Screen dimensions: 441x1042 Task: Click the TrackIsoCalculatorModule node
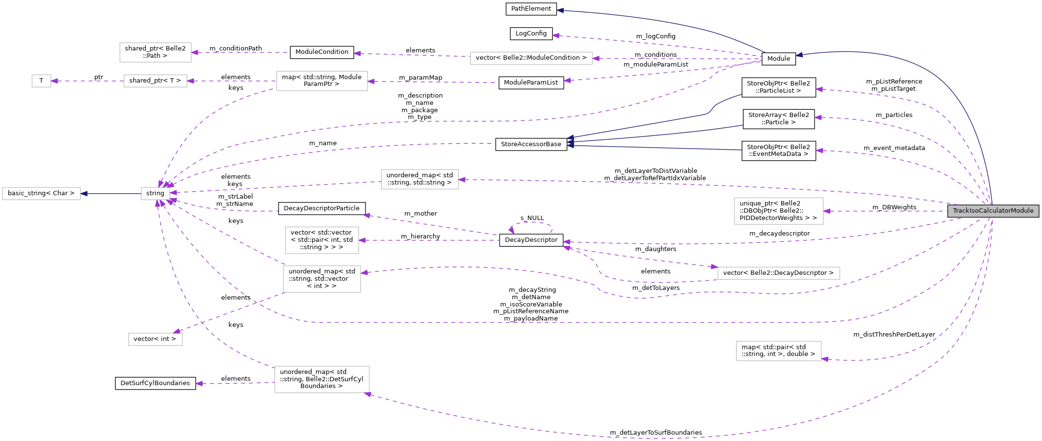click(x=993, y=211)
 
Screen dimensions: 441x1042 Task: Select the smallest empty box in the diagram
click(x=41, y=81)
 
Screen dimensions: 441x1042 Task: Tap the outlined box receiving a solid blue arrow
click(x=41, y=193)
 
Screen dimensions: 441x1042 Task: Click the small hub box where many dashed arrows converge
click(x=156, y=193)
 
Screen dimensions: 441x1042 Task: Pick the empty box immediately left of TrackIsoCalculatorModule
click(x=779, y=211)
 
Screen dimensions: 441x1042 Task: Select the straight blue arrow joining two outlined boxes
click(x=111, y=194)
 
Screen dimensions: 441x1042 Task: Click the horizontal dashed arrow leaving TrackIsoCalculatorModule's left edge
click(x=885, y=211)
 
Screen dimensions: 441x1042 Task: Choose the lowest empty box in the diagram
click(x=322, y=379)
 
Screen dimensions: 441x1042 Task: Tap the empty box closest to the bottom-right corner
click(x=779, y=351)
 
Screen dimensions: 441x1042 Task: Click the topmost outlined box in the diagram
click(x=156, y=52)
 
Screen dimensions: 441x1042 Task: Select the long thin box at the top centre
click(x=531, y=58)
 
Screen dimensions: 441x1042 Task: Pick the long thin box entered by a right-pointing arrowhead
click(x=779, y=273)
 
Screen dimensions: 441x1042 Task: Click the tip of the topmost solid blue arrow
click(x=558, y=10)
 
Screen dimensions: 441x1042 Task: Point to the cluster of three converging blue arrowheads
click(x=570, y=141)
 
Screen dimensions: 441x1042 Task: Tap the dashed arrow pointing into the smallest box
click(x=87, y=81)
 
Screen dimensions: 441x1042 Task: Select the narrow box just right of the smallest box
click(x=156, y=81)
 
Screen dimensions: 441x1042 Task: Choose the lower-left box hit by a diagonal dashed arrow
click(x=156, y=339)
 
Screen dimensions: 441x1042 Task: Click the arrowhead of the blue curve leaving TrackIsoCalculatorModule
click(x=798, y=55)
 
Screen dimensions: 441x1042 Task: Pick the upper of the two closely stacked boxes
click(x=322, y=240)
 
